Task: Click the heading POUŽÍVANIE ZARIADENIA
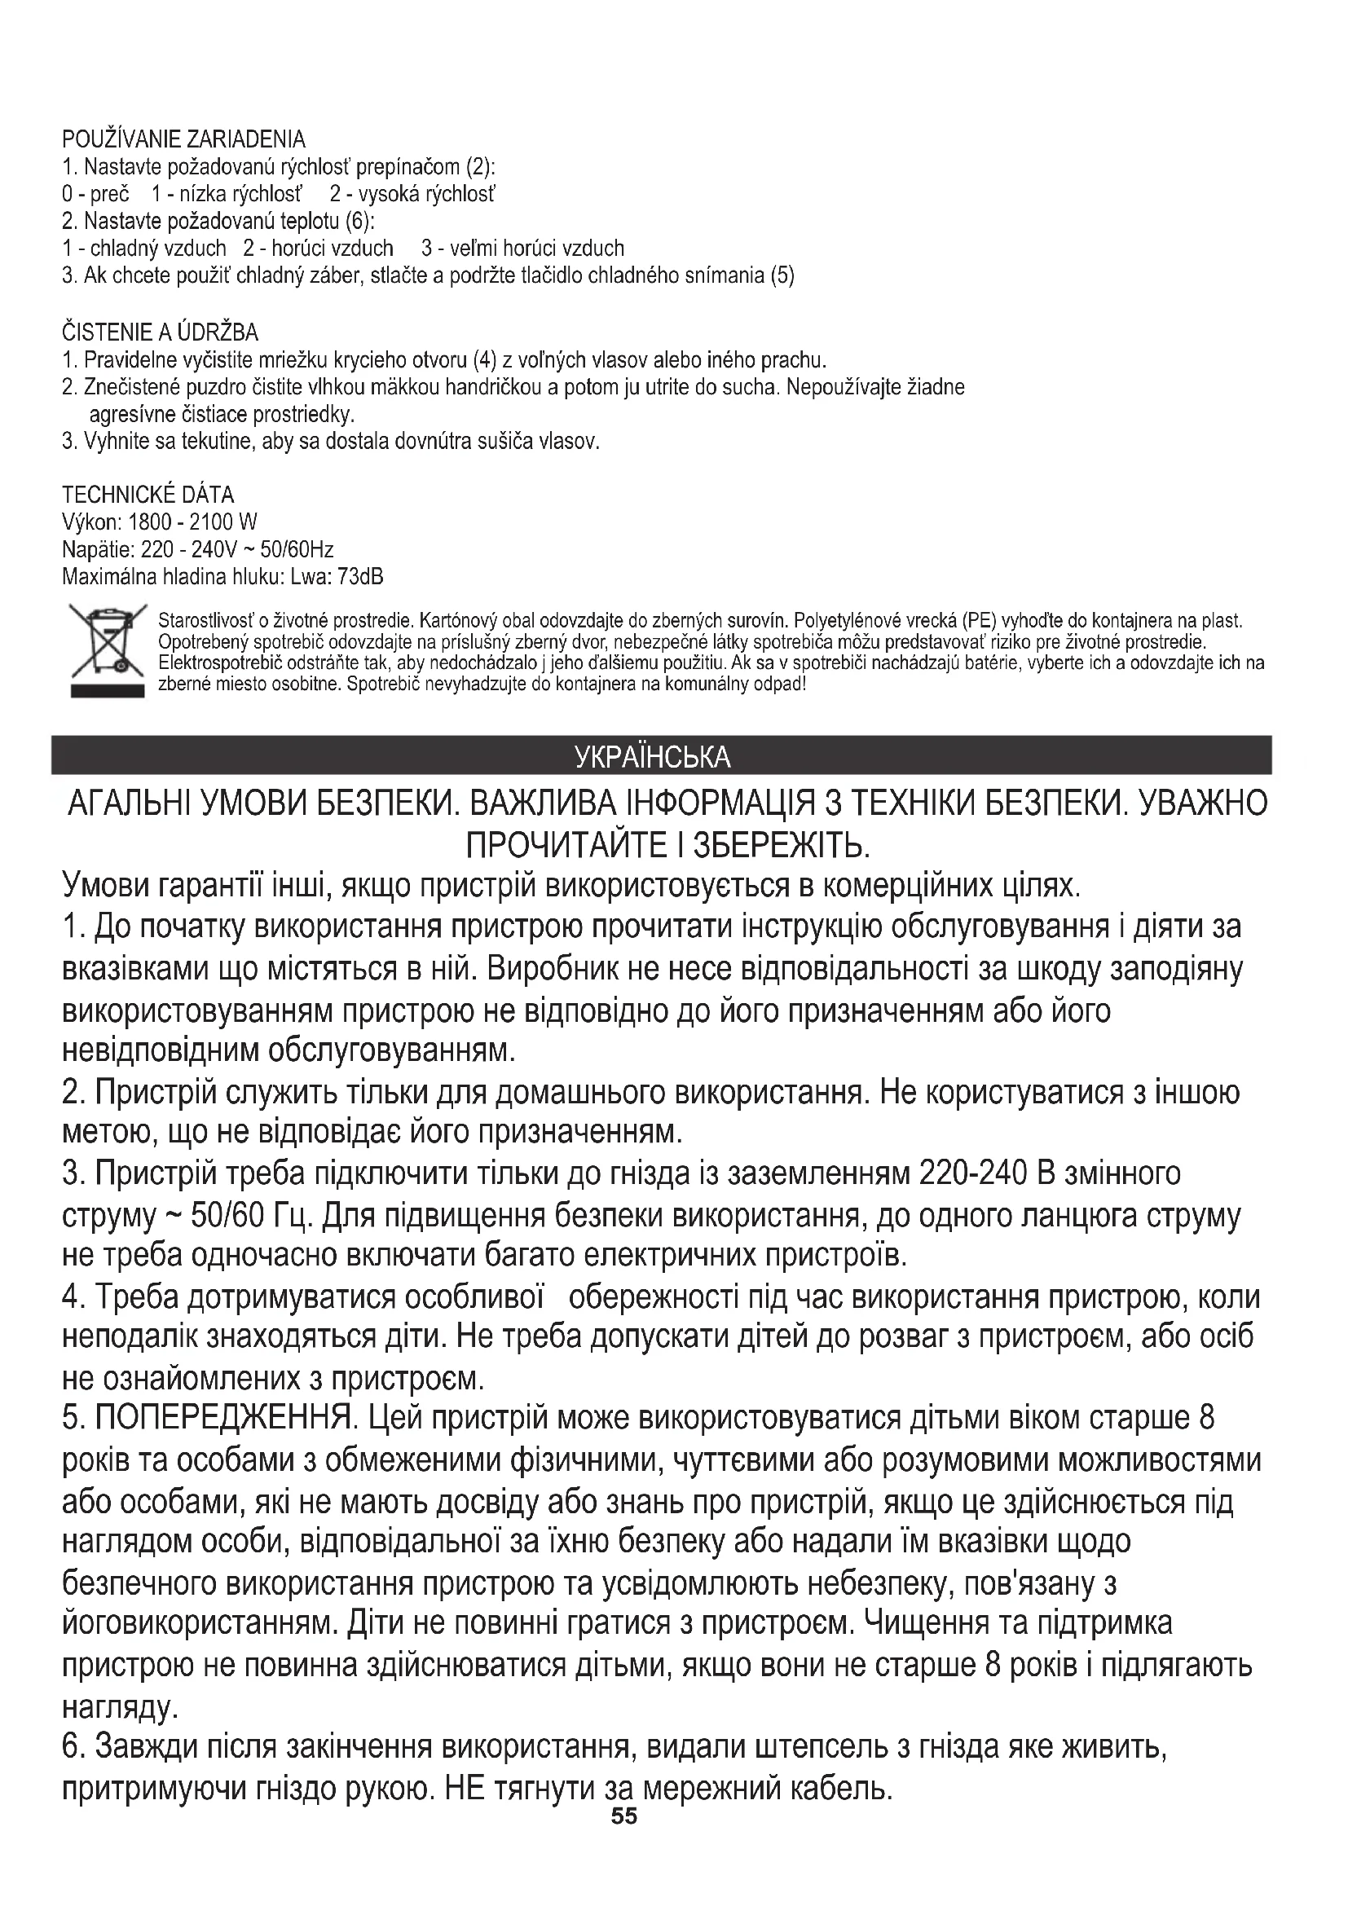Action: (183, 139)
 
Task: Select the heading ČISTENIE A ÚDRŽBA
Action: (161, 333)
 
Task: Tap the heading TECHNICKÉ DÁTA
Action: (148, 495)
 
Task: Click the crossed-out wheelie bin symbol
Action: (108, 650)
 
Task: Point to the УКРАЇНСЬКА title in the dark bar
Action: (653, 757)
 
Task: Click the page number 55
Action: (624, 1816)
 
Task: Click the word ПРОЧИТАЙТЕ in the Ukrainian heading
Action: (564, 846)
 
